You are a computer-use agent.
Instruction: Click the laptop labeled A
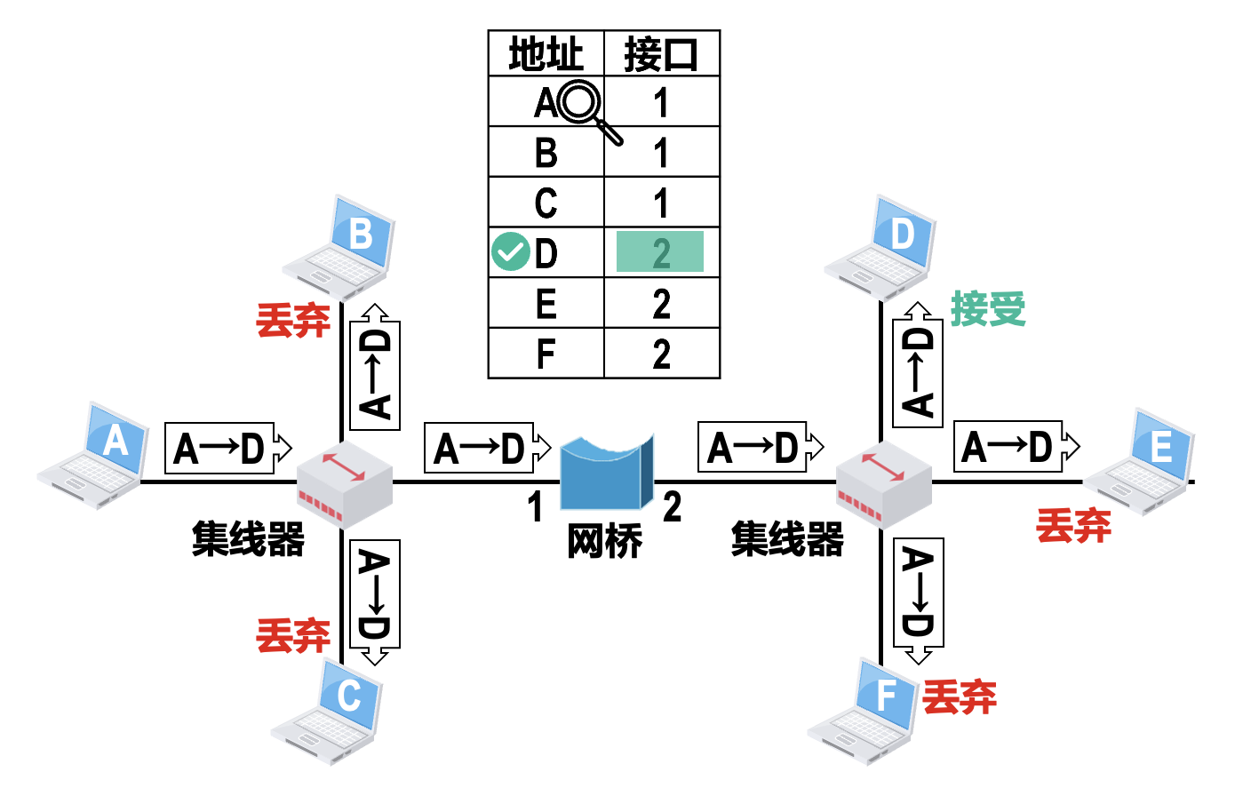click(96, 455)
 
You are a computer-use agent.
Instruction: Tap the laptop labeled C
click(330, 710)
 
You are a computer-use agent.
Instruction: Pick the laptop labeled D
click(883, 246)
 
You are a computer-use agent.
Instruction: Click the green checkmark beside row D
click(510, 251)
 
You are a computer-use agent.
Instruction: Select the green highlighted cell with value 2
click(660, 252)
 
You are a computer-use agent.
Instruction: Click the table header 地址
click(546, 54)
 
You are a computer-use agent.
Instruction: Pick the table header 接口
click(661, 54)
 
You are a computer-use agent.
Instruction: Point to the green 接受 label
click(988, 309)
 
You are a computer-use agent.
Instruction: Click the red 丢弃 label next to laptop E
click(1073, 526)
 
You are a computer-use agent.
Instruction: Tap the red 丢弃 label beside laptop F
click(960, 697)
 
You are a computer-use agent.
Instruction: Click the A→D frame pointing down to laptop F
click(918, 595)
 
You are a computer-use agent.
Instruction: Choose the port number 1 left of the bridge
click(535, 507)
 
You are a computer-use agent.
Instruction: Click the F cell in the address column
click(546, 354)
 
